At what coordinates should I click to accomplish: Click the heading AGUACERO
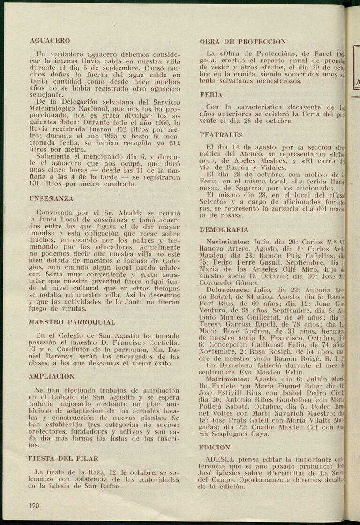50,41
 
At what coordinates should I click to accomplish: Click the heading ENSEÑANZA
51,199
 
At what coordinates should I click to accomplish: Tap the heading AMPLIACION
52,376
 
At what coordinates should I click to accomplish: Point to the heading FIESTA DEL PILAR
62,458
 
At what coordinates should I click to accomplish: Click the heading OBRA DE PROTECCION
243,41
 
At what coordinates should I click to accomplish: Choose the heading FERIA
211,95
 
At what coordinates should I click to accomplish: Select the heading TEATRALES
221,135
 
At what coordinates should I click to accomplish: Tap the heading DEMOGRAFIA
224,230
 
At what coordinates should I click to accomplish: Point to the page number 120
34,505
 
